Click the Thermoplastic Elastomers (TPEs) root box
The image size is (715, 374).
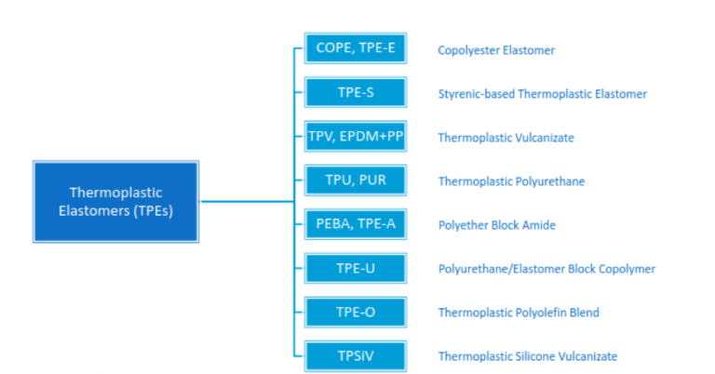click(x=115, y=201)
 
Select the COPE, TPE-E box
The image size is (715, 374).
click(x=356, y=49)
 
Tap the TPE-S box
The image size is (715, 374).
click(x=356, y=93)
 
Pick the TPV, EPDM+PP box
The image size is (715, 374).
click(x=356, y=137)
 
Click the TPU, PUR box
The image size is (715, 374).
click(x=356, y=180)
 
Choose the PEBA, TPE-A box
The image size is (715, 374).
click(x=356, y=224)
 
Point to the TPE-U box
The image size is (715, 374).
click(x=356, y=268)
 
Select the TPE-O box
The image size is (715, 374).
click(x=356, y=312)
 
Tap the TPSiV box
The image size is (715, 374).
click(x=356, y=355)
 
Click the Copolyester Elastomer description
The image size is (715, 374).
click(x=496, y=50)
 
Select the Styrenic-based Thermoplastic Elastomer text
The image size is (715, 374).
click(x=542, y=94)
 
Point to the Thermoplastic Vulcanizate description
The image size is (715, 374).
click(x=506, y=138)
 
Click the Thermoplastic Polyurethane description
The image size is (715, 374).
click(x=511, y=181)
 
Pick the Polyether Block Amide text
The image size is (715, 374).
click(x=496, y=225)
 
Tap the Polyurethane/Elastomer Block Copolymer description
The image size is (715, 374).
click(x=546, y=269)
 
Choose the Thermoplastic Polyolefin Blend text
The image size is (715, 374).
click(x=519, y=313)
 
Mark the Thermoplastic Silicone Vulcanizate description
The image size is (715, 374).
click(x=527, y=356)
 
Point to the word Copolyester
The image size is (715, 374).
click(x=468, y=50)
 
